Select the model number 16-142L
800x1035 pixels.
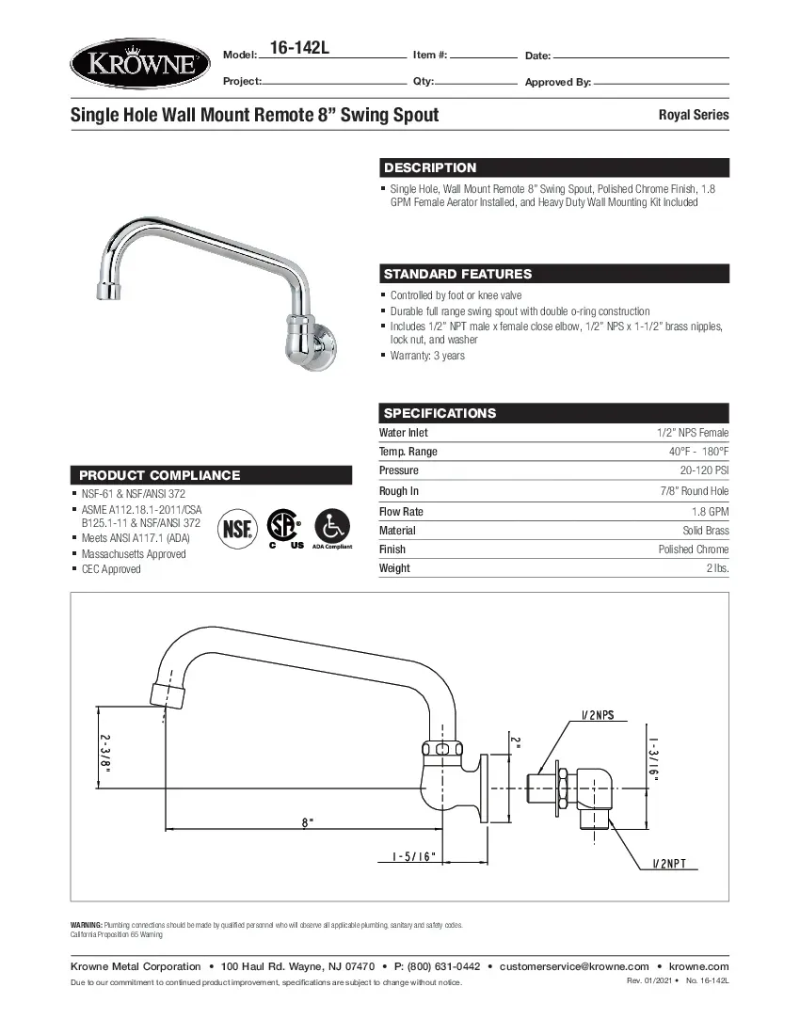click(298, 48)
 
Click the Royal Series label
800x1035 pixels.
click(693, 115)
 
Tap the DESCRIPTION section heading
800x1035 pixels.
click(430, 167)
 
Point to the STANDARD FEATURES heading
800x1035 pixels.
click(457, 274)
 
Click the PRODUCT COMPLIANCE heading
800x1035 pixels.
click(159, 475)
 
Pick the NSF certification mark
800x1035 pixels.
click(235, 528)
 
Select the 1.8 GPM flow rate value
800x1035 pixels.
click(710, 512)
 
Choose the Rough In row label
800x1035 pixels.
click(399, 491)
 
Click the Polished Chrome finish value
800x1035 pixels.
click(693, 549)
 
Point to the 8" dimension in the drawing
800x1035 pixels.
click(307, 821)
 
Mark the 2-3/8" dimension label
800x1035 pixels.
click(106, 754)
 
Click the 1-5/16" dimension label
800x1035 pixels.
click(413, 856)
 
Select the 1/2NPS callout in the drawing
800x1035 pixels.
click(597, 715)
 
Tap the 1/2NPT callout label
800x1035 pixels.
click(676, 863)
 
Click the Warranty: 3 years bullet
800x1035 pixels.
click(427, 356)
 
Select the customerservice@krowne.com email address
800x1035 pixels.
click(574, 966)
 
